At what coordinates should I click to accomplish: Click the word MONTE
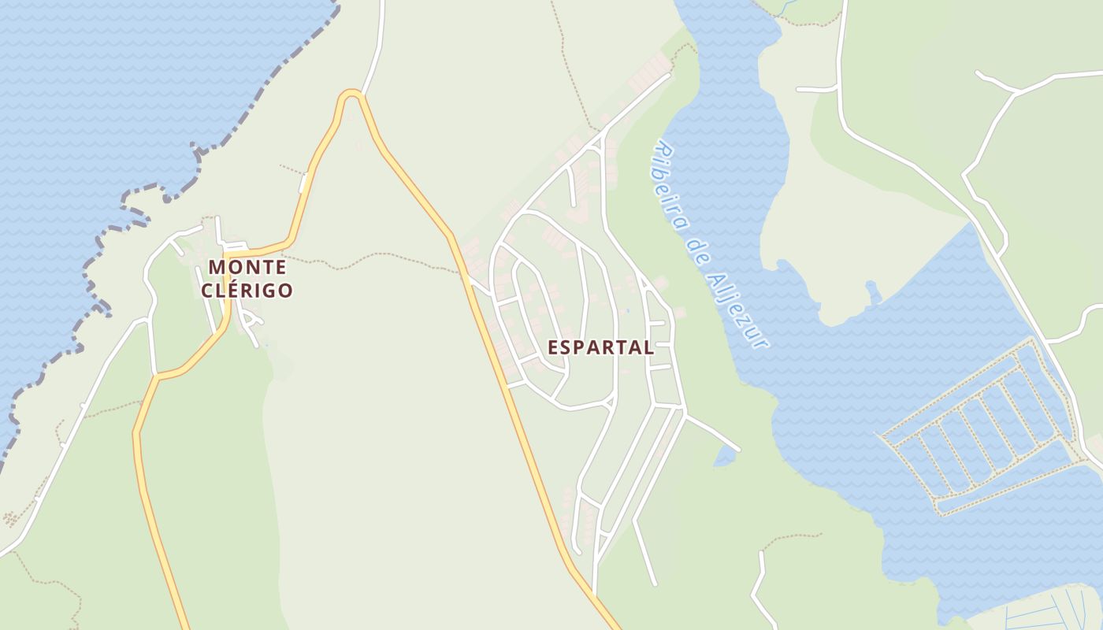[247, 267]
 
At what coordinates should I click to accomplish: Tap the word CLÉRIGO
[247, 290]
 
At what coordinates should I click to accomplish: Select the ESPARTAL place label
[600, 347]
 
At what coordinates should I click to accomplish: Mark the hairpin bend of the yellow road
[351, 94]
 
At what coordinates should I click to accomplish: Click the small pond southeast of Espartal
[723, 457]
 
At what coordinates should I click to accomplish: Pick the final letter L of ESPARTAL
[648, 347]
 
